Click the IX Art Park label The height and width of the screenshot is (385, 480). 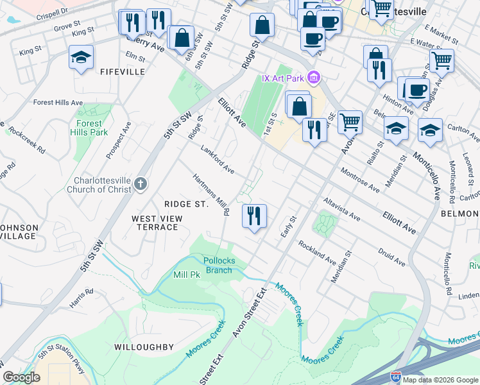(283, 78)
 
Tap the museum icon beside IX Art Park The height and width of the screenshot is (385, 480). (313, 78)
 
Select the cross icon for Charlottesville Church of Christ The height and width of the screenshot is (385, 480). (141, 185)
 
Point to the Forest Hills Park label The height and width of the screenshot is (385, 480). (89, 128)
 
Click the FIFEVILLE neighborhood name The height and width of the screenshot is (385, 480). (123, 73)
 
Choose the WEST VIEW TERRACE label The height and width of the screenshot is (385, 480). (157, 223)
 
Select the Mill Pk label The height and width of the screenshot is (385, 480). (187, 274)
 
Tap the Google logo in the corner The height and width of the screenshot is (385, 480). (21, 377)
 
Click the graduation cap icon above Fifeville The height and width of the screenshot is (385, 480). (81, 57)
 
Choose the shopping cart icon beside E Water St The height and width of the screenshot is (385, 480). (441, 61)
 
